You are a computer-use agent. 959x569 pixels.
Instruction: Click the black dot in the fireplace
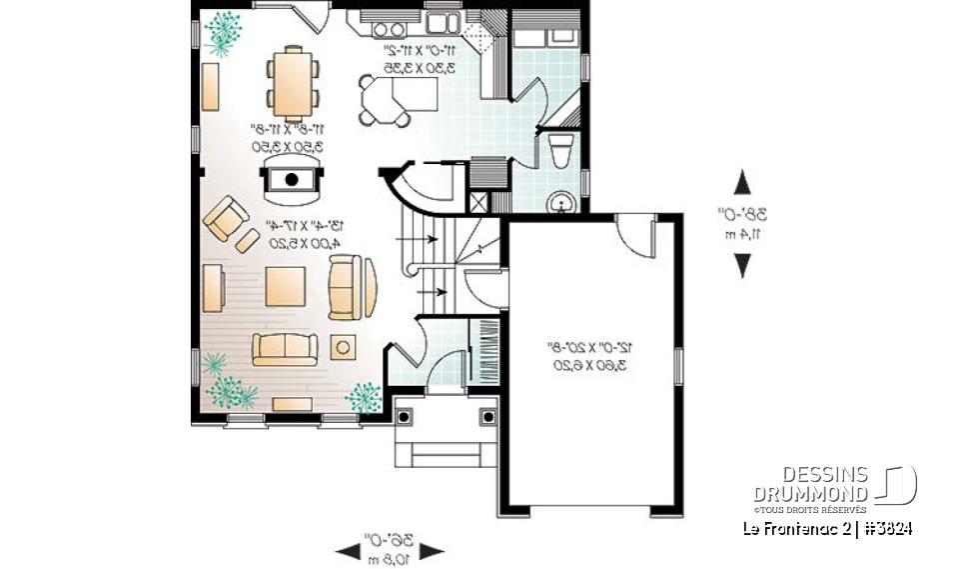[292, 180]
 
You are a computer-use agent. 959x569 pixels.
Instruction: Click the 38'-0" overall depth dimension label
[741, 222]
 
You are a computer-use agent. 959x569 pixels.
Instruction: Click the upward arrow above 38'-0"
[742, 182]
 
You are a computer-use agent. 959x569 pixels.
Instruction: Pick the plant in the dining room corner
[224, 31]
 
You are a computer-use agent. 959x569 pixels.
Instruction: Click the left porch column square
[406, 415]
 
